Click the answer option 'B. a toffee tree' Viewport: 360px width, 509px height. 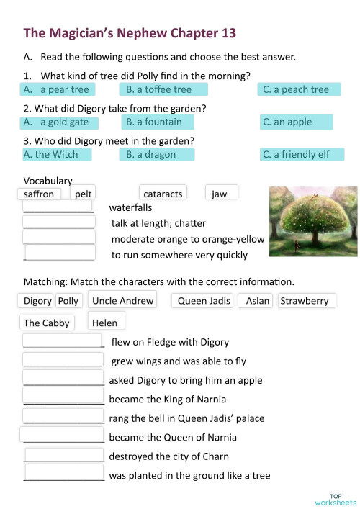(163, 89)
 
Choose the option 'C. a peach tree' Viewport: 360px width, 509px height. (300, 89)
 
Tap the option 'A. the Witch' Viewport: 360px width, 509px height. (56, 154)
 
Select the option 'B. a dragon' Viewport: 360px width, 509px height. (163, 154)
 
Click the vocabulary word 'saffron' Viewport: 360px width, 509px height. (39, 194)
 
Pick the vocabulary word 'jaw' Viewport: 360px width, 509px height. (220, 193)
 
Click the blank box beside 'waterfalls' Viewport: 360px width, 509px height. (58, 207)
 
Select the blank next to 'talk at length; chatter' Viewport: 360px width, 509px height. (58, 222)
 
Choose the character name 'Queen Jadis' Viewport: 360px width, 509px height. (204, 301)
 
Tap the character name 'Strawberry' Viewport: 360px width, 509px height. (304, 301)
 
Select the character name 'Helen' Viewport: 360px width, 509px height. (105, 323)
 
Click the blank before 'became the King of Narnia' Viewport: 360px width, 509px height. (63, 397)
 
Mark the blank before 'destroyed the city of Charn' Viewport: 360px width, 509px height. (64, 455)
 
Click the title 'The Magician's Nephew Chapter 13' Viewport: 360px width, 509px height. (130, 33)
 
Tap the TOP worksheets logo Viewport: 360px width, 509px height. (335, 499)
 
